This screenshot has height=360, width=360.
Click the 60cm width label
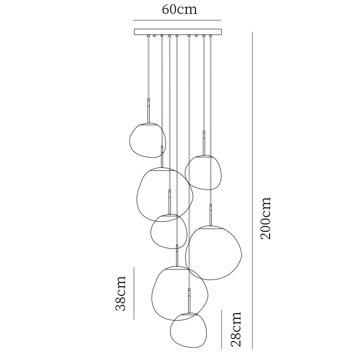click(179, 10)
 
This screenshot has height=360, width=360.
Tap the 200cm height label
click(265, 218)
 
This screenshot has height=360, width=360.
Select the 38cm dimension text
click(120, 293)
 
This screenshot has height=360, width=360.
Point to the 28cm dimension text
click(236, 329)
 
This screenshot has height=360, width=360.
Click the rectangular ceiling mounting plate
click(178, 32)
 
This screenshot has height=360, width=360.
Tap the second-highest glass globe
click(203, 173)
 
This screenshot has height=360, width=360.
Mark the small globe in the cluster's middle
click(168, 231)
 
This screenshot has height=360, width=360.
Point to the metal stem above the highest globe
click(149, 110)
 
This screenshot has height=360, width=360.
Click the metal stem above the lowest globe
click(189, 301)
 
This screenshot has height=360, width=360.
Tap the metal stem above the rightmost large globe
click(211, 215)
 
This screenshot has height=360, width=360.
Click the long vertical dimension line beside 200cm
click(253, 190)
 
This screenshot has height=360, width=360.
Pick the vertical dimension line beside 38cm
click(134, 293)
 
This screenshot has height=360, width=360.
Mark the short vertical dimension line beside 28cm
click(221, 329)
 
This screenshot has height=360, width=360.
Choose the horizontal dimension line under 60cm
click(177, 20)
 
